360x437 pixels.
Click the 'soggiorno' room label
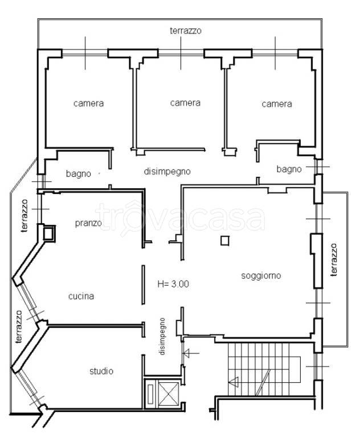tap(261, 276)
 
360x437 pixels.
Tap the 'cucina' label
tap(81, 296)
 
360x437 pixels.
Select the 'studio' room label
tap(101, 371)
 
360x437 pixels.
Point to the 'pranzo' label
tap(88, 223)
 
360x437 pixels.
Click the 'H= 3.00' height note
tap(173, 284)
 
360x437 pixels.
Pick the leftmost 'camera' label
tap(88, 104)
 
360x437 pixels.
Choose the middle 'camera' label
tap(185, 103)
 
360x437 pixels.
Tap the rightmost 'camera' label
tap(277, 104)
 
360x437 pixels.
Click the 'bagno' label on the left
tap(79, 174)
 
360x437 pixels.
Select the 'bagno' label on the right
tap(289, 169)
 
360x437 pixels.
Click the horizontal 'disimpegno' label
tap(167, 171)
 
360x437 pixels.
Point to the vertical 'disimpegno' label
tap(162, 336)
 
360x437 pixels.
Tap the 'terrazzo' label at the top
tap(186, 31)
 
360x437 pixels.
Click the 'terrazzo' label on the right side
tap(334, 259)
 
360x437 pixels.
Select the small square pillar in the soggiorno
tap(225, 241)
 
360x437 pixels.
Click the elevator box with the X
tap(169, 393)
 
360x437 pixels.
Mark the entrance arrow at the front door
tap(191, 353)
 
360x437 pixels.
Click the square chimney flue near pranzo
tap(49, 233)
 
